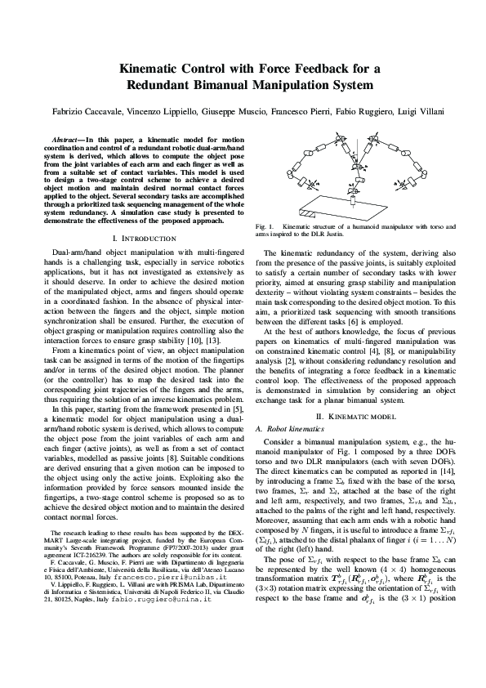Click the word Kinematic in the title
pos(145,69)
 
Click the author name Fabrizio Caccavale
pos(96,108)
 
